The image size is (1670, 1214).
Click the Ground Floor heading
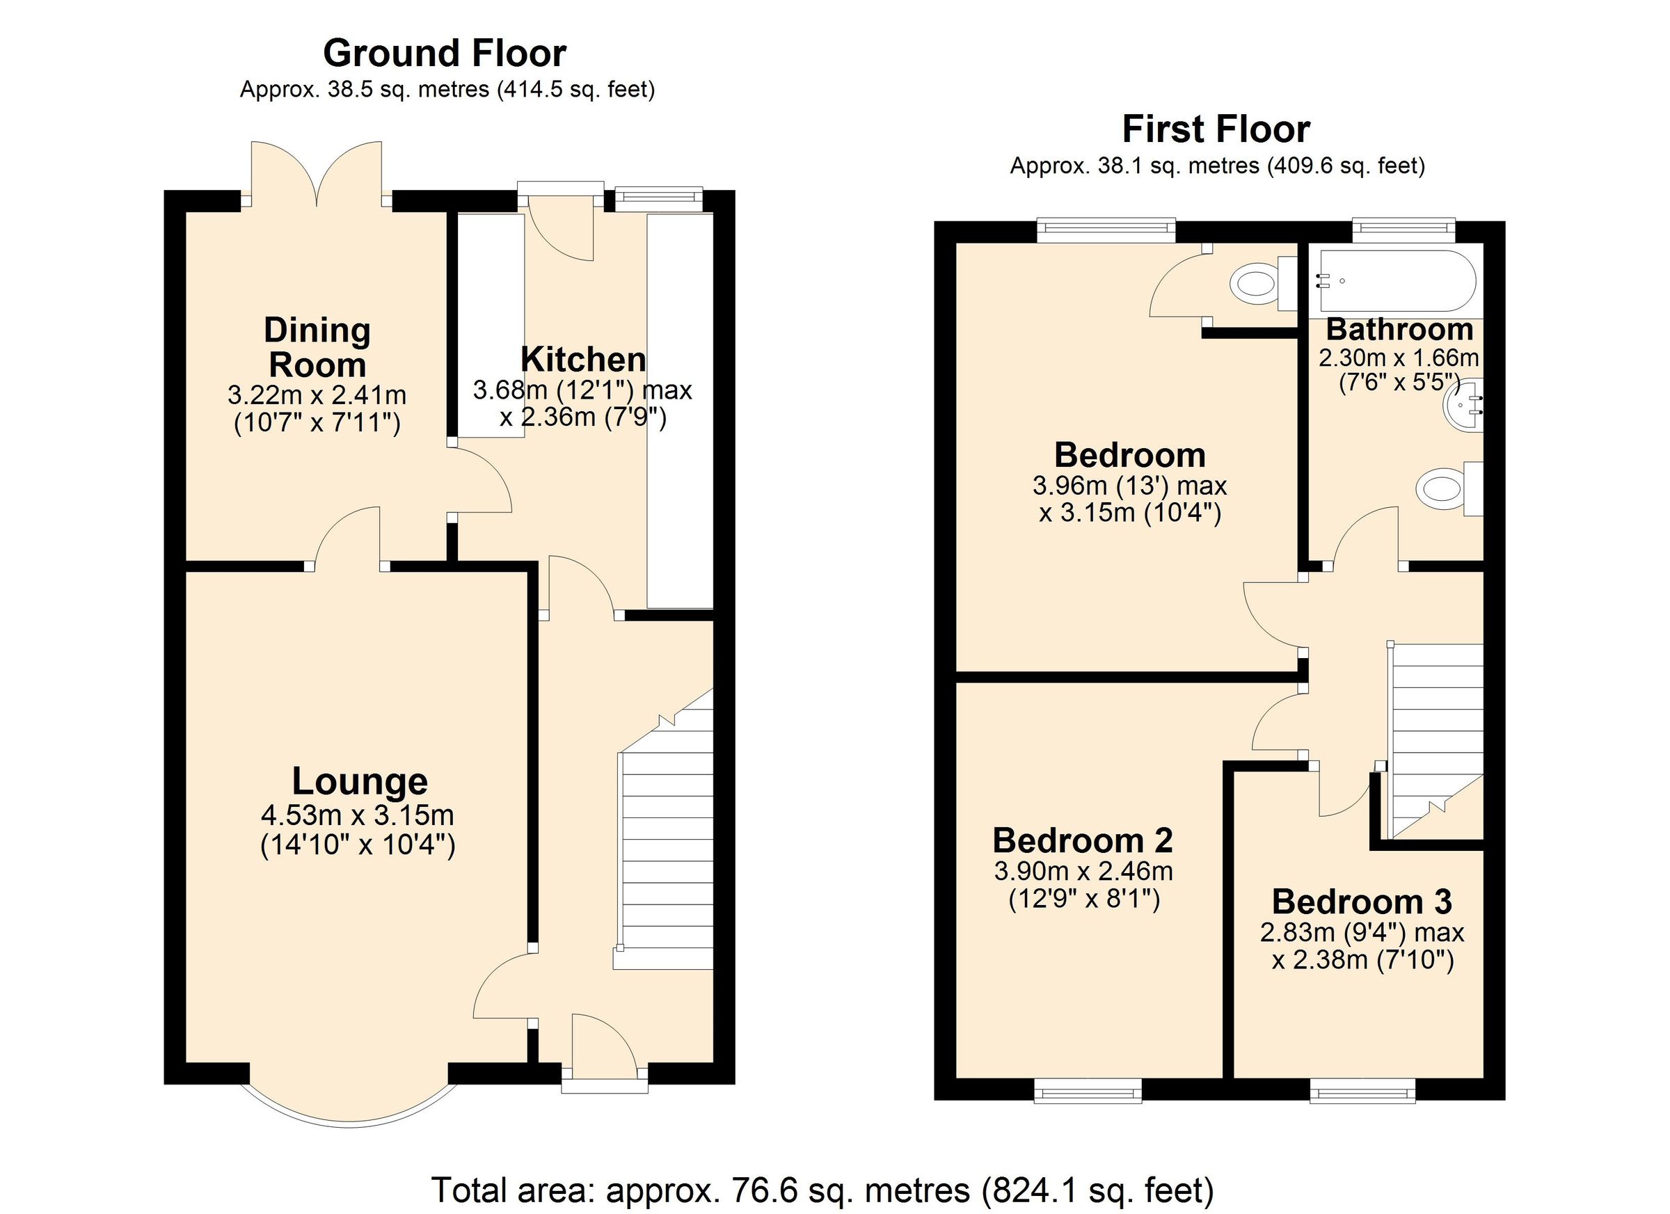(x=444, y=54)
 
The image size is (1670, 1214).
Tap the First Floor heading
(x=1216, y=129)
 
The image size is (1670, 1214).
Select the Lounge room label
(x=359, y=781)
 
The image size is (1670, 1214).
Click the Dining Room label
(x=317, y=346)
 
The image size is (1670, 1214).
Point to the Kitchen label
(x=583, y=359)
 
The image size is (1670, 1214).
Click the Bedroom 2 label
(x=1083, y=840)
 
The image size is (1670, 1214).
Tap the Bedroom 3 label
(x=1362, y=902)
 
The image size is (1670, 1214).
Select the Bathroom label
(x=1399, y=329)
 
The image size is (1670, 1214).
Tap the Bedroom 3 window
(x=1362, y=1091)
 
